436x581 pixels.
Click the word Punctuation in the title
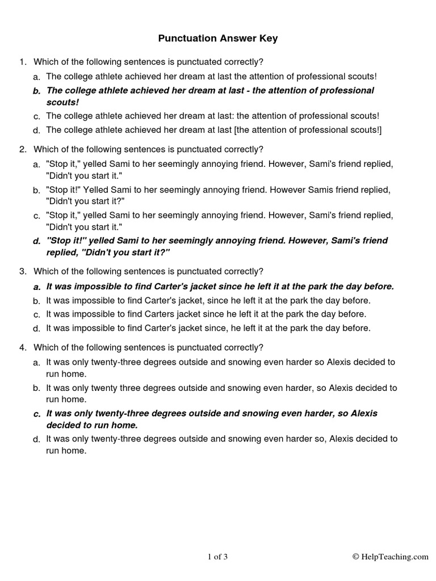tap(187, 39)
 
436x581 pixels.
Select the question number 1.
tap(22, 61)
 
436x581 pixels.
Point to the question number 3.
tap(22, 272)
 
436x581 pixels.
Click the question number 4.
tap(22, 347)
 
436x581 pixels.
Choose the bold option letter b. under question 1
tap(37, 91)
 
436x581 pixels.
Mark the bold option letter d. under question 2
tap(37, 241)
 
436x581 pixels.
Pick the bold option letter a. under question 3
tap(37, 287)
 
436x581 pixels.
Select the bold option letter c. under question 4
tap(37, 414)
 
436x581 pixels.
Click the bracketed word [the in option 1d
tap(241, 130)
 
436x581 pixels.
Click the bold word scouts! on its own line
tap(62, 103)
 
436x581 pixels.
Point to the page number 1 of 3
tap(217, 557)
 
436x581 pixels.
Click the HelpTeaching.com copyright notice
tap(391, 557)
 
